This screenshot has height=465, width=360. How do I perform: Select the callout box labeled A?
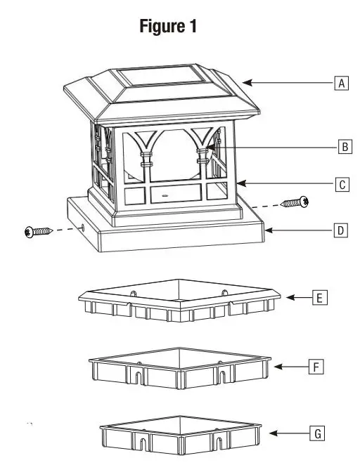pos(342,83)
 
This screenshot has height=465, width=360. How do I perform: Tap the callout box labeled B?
pos(344,148)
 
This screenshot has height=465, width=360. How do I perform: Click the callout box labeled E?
pos(319,298)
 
